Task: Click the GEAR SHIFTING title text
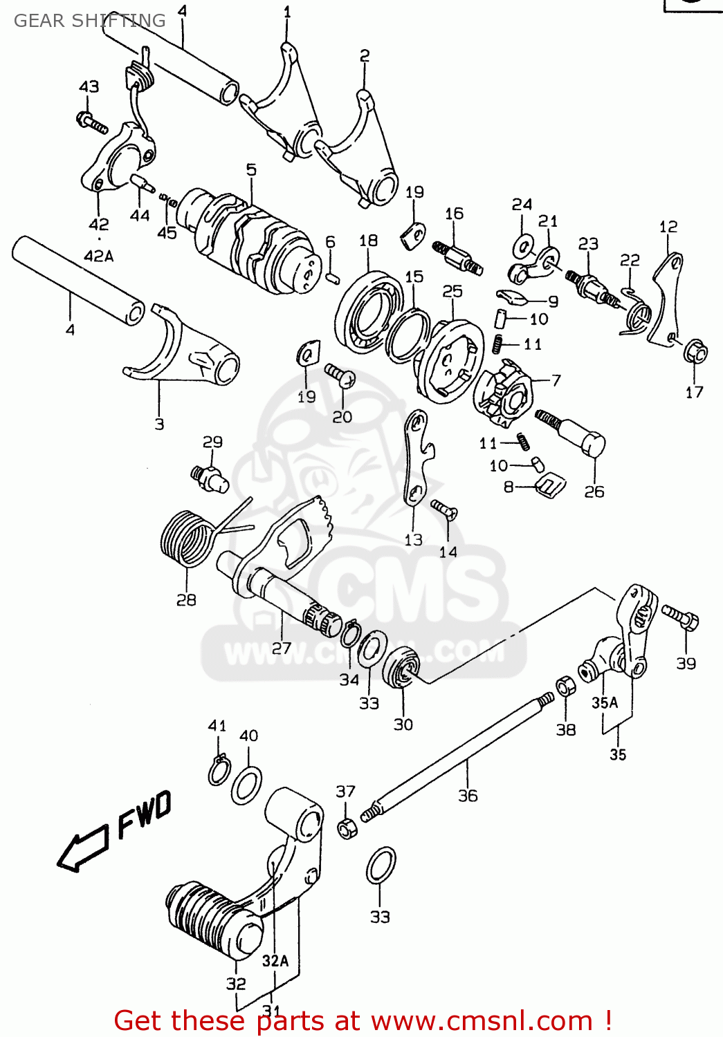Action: pos(90,21)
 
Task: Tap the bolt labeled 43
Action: pos(93,122)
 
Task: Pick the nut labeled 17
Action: pos(695,353)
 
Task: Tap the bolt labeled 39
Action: pos(681,617)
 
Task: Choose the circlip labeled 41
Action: pos(219,770)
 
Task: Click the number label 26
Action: pos(594,492)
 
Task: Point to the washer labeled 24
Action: pos(522,246)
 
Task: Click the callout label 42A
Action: pos(98,256)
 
